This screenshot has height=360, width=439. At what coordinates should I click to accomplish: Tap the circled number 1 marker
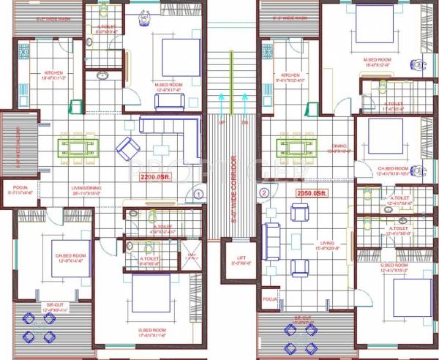point(198,194)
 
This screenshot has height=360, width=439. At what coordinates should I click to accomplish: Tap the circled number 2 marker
point(264,193)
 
